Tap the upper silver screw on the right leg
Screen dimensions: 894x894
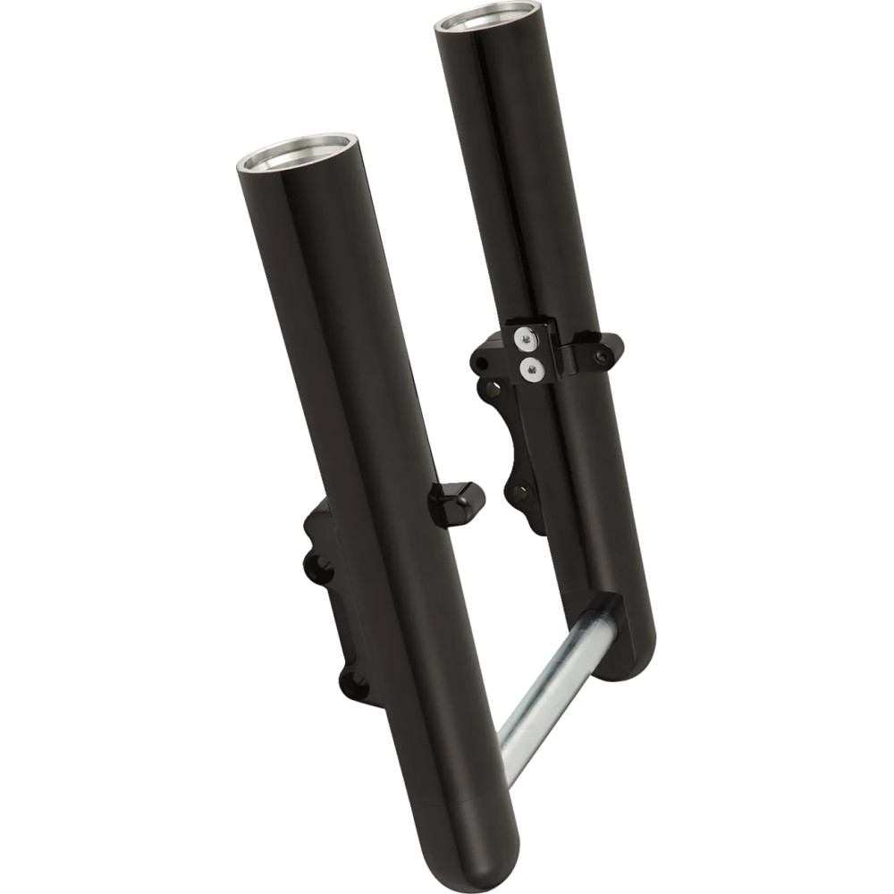526,337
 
